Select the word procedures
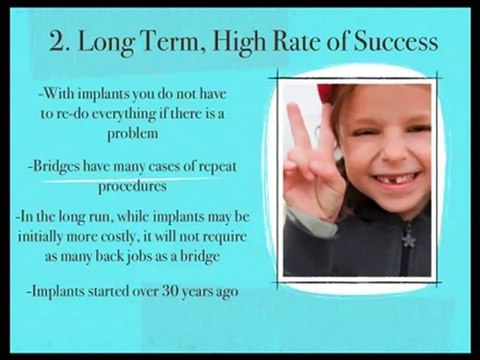point(131,185)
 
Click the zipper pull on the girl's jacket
point(407,239)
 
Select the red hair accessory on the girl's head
point(326,92)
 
